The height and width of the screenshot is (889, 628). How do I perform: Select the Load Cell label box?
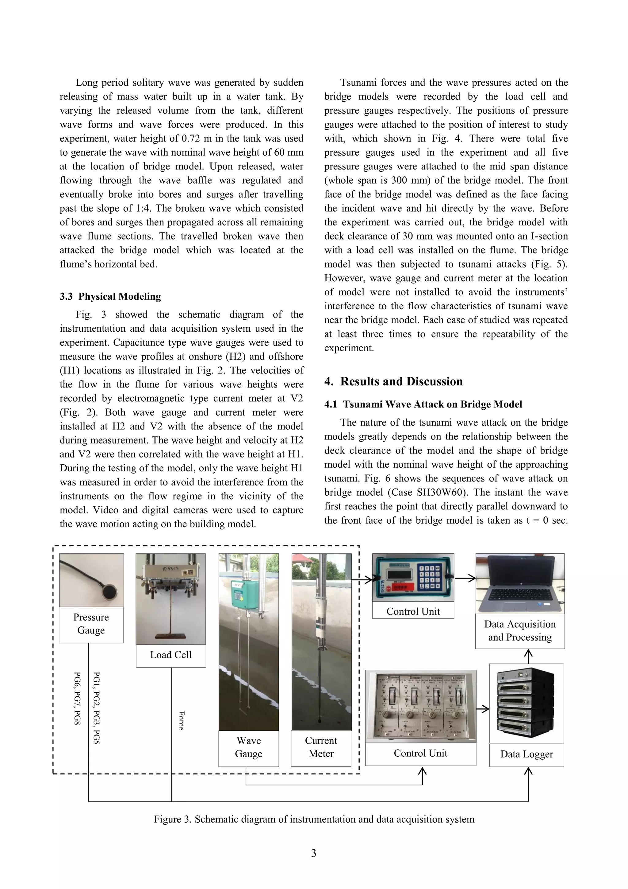coord(170,655)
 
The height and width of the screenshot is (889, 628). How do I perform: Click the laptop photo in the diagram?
coord(520,583)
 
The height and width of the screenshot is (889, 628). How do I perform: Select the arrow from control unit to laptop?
coord(465,579)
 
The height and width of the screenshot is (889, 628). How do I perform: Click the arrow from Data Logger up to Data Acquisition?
coord(528,656)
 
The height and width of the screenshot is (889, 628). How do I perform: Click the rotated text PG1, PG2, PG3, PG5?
coord(97,708)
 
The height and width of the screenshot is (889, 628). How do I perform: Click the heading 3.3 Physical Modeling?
coord(110,296)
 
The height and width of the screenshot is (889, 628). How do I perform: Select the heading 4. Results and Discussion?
coord(393,381)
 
